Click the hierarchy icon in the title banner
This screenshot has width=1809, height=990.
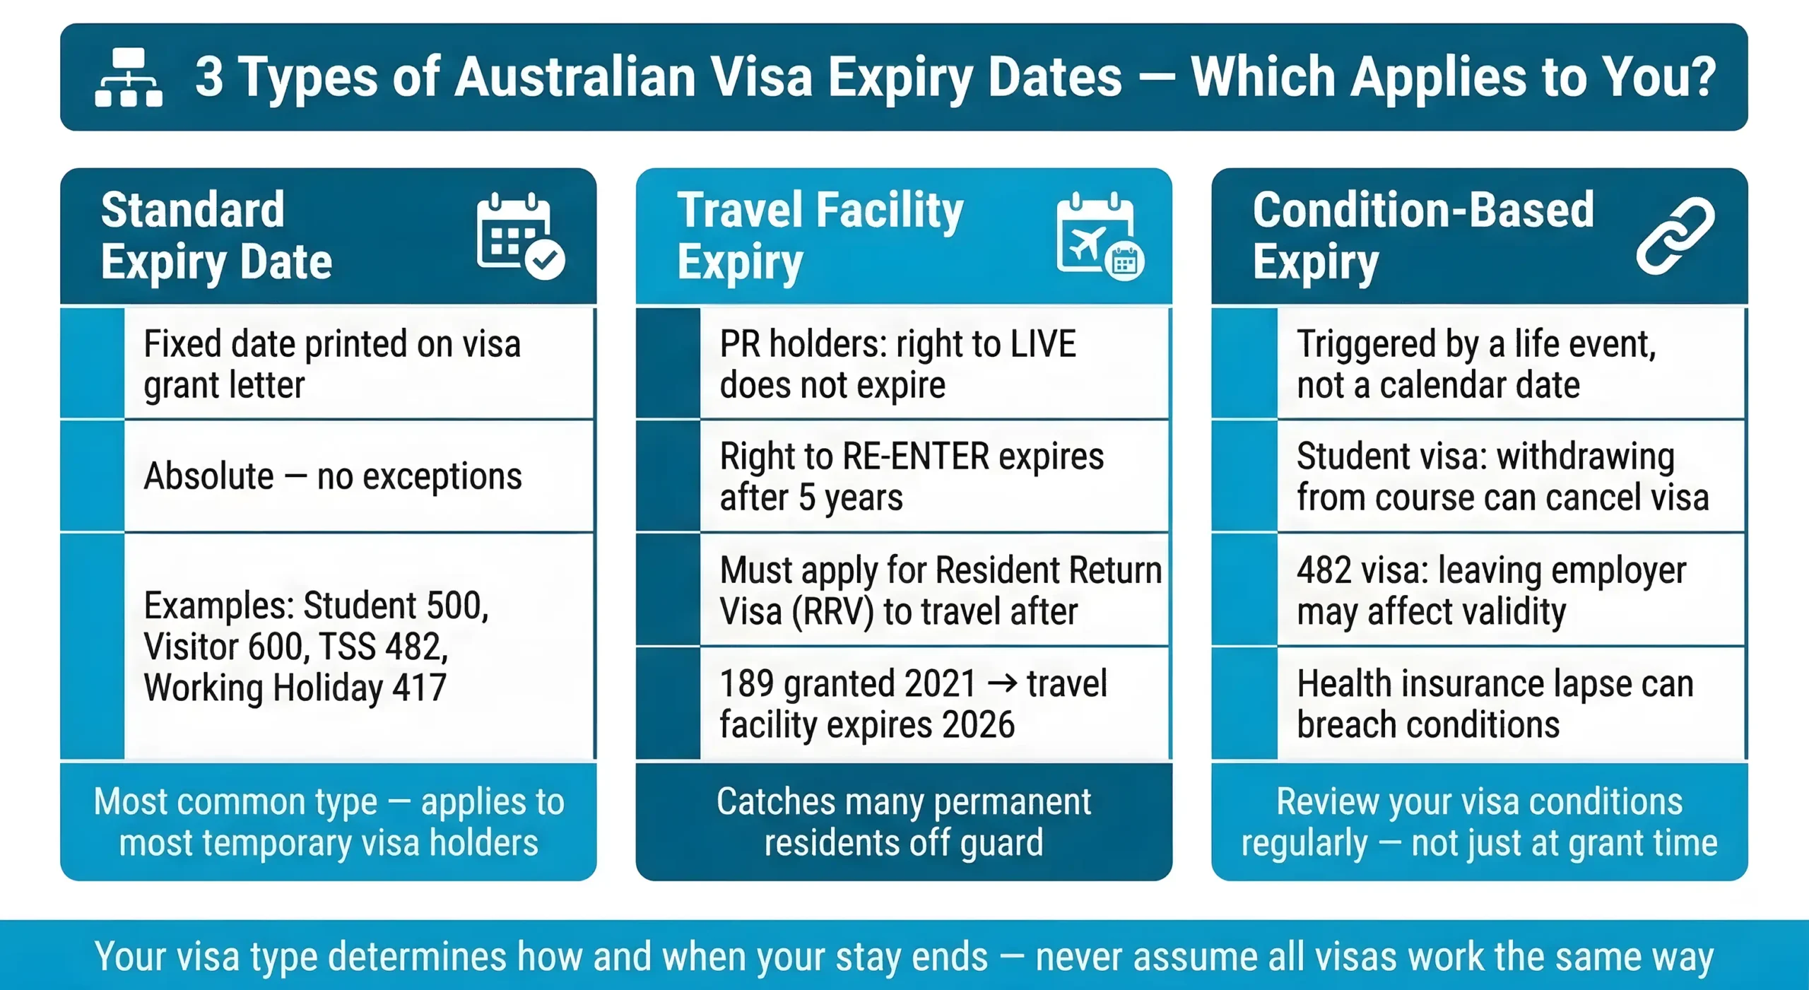[x=129, y=78]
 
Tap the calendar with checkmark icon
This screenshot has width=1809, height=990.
[x=520, y=236]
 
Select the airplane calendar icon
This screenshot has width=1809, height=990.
[x=1100, y=236]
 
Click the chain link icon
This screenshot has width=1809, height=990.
[x=1675, y=236]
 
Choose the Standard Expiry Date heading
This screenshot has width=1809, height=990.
[x=216, y=236]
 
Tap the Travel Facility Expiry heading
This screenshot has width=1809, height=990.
[x=820, y=236]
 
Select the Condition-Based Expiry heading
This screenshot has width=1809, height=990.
[x=1422, y=236]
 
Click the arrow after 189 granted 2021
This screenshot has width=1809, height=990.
[x=1001, y=683]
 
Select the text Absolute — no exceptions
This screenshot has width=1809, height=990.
[x=333, y=476]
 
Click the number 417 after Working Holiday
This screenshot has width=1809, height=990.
[x=419, y=688]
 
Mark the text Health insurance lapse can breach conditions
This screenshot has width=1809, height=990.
[x=1495, y=704]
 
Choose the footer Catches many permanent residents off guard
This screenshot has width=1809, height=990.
[x=904, y=822]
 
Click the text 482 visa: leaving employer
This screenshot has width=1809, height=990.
[x=1491, y=570]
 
